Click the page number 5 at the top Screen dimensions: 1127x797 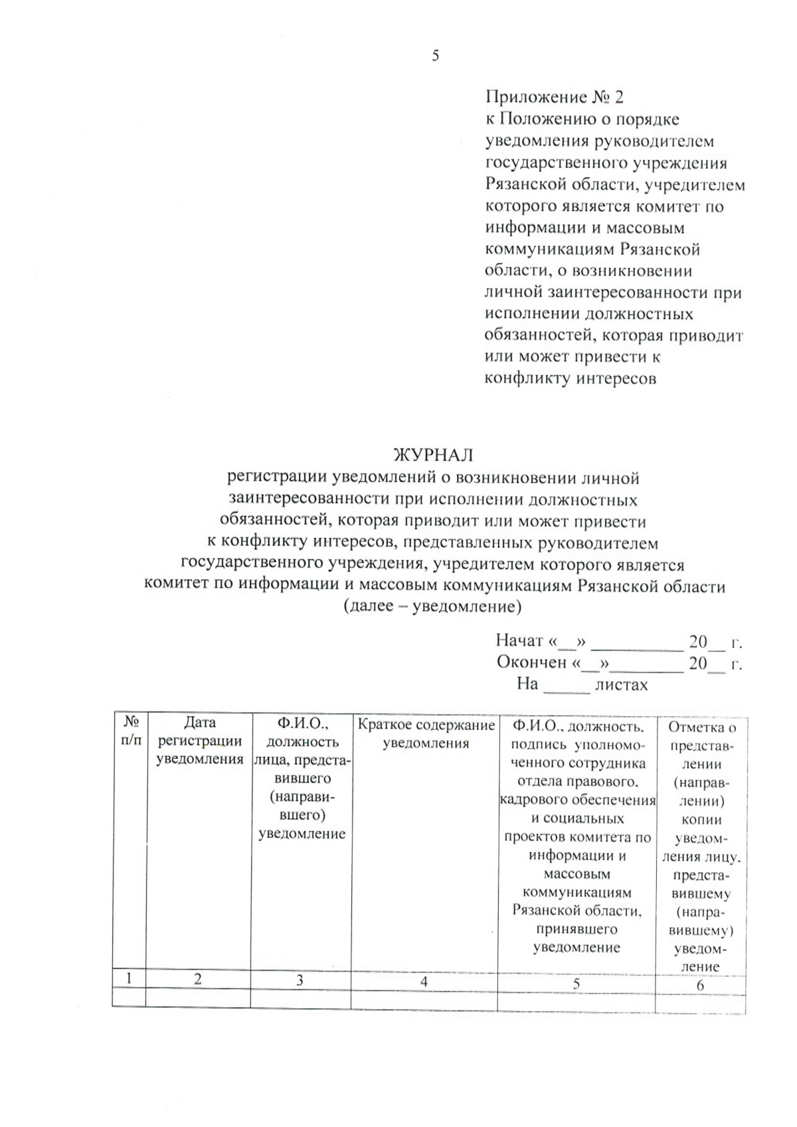(x=436, y=56)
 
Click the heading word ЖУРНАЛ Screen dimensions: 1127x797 (x=434, y=455)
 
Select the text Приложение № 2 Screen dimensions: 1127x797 (x=555, y=98)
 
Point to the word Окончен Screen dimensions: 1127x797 (x=531, y=662)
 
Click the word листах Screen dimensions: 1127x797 (x=621, y=684)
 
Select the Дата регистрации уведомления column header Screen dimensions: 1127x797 (x=199, y=740)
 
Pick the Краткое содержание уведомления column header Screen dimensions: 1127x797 (x=426, y=734)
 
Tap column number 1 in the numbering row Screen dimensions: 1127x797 (x=130, y=978)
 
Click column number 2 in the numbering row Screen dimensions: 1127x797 (x=198, y=979)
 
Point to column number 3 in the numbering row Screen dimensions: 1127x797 (x=300, y=980)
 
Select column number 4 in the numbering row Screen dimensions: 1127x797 (x=424, y=982)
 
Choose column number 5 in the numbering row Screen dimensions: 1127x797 (x=576, y=984)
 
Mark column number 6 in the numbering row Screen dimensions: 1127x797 (x=700, y=986)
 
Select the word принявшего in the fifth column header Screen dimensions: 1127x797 (x=576, y=929)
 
